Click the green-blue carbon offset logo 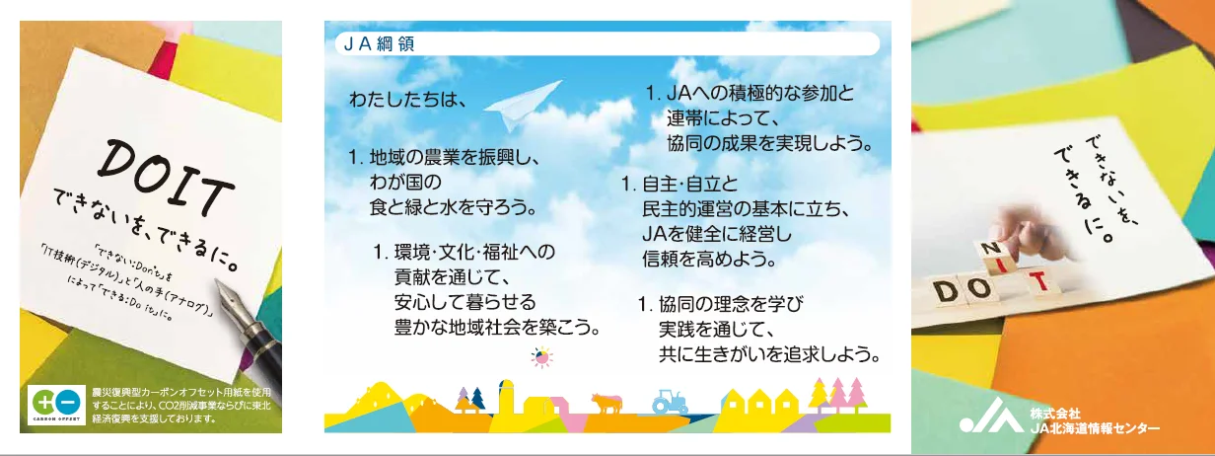[56, 404]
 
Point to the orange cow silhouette [607, 403]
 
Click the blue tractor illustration [670, 402]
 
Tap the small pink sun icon [541, 357]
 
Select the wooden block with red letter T [1038, 283]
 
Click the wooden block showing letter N [992, 251]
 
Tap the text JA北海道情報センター [1094, 427]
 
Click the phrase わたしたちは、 [408, 100]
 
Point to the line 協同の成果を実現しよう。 [769, 143]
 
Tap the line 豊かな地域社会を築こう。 [497, 328]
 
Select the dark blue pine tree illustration [477, 399]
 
